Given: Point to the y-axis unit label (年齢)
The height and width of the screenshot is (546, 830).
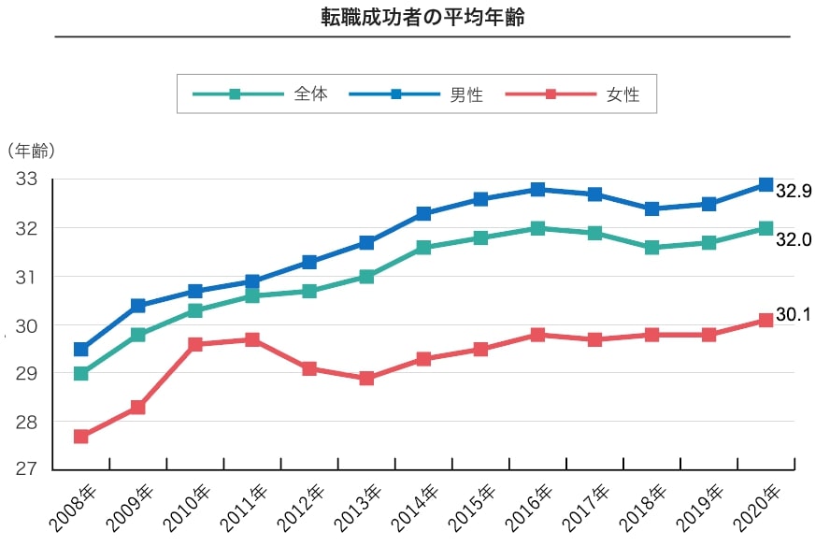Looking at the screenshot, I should [x=30, y=150].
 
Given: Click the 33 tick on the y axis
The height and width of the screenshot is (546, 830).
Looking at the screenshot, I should [x=26, y=180].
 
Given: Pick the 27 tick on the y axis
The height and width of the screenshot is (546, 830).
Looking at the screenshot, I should [x=26, y=470].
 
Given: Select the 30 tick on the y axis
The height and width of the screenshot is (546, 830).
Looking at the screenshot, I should [x=26, y=325].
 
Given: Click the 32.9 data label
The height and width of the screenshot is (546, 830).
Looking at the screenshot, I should [x=794, y=191].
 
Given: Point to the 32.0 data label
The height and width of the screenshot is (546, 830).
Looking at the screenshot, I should [x=794, y=239].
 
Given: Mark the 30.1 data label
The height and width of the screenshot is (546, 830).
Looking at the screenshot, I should [x=793, y=315].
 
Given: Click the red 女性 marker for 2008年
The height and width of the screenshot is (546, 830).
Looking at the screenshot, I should [x=81, y=437].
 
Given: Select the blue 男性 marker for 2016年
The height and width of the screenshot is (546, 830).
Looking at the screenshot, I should [x=537, y=190].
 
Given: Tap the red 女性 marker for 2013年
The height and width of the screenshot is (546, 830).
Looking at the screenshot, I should [x=366, y=379].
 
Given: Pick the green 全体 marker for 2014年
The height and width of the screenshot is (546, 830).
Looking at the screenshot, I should [x=423, y=248].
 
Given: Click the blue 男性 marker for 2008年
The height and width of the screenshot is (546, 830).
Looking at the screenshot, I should [x=81, y=350].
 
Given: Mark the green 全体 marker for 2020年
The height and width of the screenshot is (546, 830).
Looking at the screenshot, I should [x=766, y=228].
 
